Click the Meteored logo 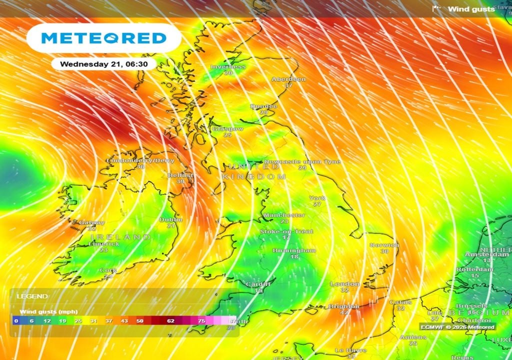[103, 38]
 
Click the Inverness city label [228, 66]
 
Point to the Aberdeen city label [288, 79]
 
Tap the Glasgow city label [228, 128]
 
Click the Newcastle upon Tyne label [302, 161]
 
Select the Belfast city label [181, 175]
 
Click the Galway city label [91, 222]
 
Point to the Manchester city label [284, 215]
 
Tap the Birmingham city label [294, 250]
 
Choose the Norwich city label [384, 245]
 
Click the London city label [344, 284]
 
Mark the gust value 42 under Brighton [344, 312]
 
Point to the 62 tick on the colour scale [171, 320]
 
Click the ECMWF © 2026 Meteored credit [457, 327]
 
